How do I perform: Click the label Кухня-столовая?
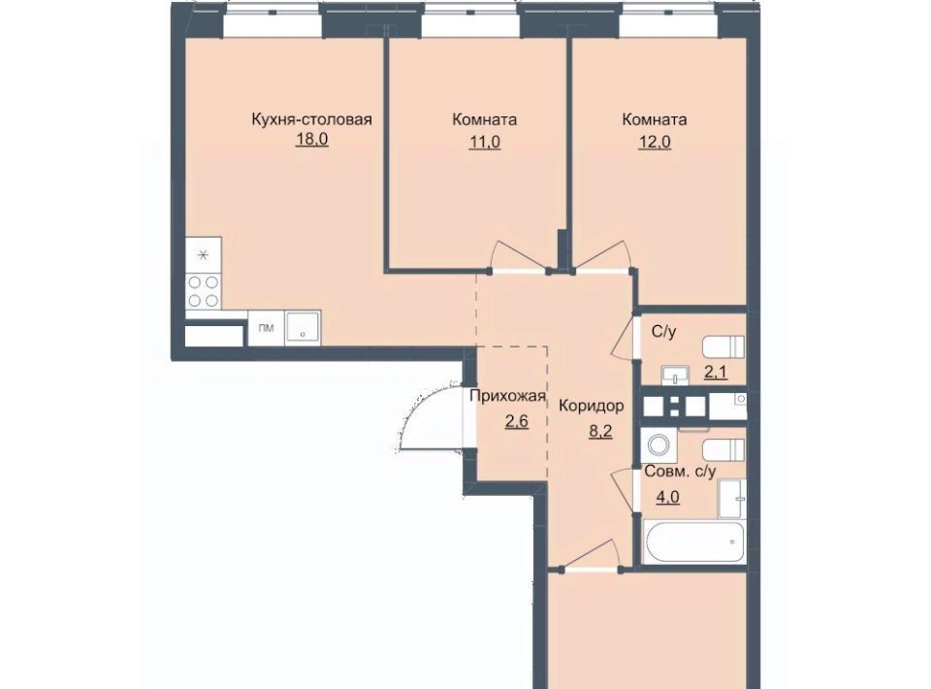(x=311, y=119)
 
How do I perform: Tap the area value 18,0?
(x=311, y=140)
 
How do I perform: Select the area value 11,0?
(x=485, y=143)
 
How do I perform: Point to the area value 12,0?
(x=655, y=143)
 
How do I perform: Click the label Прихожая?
(x=507, y=396)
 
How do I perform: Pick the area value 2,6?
(x=517, y=422)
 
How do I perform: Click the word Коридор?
(x=592, y=406)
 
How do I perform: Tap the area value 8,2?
(x=600, y=432)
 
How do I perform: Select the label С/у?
(x=663, y=332)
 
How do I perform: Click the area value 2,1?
(x=716, y=373)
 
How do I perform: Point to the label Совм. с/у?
(x=681, y=472)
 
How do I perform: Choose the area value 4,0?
(x=667, y=497)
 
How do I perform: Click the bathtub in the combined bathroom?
(x=693, y=541)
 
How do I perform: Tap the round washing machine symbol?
(x=658, y=444)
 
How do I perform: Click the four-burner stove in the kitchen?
(x=204, y=292)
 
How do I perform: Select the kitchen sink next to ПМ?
(x=303, y=327)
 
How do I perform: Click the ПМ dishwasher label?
(x=267, y=327)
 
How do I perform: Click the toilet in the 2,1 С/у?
(x=723, y=346)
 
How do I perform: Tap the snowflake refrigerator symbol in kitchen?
(x=204, y=255)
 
